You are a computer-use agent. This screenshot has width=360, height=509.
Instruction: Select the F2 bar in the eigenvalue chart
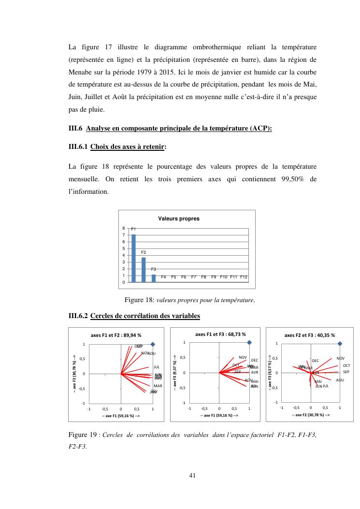(x=144, y=269)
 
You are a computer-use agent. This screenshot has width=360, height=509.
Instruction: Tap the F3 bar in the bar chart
(x=154, y=278)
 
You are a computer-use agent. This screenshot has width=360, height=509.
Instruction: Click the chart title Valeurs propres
(x=179, y=219)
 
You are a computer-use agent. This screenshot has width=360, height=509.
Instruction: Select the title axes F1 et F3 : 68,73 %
(x=220, y=334)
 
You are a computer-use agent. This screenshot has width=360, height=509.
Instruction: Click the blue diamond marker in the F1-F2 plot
(x=153, y=344)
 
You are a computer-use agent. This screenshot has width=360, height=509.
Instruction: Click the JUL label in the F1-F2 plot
(x=157, y=367)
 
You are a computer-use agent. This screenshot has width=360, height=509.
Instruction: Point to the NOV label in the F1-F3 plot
(x=243, y=357)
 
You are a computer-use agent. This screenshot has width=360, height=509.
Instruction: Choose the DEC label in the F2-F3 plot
(x=316, y=361)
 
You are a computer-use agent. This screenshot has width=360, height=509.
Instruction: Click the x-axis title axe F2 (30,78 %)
(x=311, y=415)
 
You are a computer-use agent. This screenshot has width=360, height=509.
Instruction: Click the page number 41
(x=192, y=475)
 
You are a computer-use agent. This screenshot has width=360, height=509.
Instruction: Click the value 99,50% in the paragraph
(x=293, y=179)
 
